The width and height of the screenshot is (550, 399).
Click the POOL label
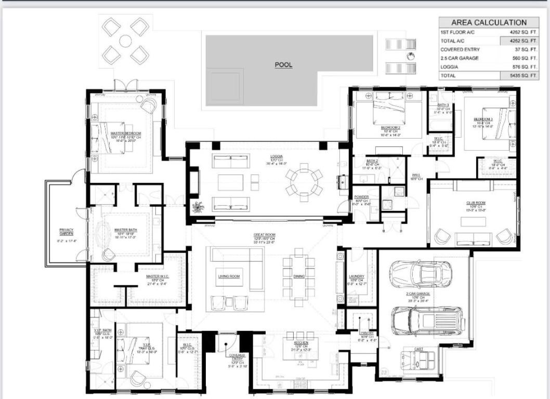coord(283,65)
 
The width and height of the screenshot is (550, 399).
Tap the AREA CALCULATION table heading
coord(488,22)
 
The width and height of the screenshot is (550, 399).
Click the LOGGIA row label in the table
coord(450,67)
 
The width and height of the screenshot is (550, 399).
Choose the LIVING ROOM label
coord(229,276)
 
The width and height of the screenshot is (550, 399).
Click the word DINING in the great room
coord(299,276)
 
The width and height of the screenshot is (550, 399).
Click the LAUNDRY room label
coord(357,276)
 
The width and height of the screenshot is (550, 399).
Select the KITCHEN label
coord(301,343)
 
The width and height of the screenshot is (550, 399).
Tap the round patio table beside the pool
coord(125,41)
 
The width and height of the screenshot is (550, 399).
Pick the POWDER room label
coord(361,197)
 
